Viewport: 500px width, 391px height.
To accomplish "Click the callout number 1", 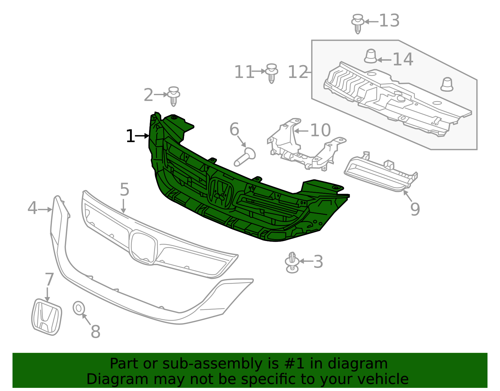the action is tap(130, 136).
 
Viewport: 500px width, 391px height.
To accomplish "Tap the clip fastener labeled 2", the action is tap(173, 96).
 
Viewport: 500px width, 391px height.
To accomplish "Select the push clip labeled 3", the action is tap(292, 262).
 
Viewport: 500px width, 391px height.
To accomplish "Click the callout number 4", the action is tap(32, 208).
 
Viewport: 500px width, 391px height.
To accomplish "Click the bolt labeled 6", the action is tap(245, 157).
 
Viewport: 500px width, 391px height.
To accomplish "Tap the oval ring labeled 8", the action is tap(79, 308).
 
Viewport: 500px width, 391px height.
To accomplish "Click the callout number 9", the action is tap(415, 209).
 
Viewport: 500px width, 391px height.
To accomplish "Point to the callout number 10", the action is tap(321, 130).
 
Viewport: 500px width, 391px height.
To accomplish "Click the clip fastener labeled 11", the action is tap(272, 73).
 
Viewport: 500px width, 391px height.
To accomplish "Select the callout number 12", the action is tap(298, 72).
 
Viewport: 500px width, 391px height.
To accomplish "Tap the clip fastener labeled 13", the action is tap(357, 24).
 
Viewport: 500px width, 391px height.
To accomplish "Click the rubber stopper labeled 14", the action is tap(371, 56).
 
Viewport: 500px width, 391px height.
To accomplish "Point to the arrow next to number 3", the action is tap(306, 261).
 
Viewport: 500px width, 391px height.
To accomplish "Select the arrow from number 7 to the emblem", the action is tap(47, 294).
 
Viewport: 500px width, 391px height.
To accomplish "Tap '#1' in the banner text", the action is tap(294, 363).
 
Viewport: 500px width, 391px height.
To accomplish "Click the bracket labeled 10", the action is tap(307, 145).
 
